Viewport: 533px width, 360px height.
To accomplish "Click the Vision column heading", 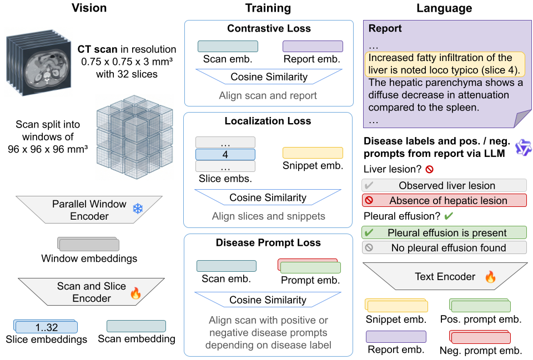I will [x=89, y=8].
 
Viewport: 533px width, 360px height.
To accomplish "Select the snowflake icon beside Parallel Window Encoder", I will [x=138, y=209].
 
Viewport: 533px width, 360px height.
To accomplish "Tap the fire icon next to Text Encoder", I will [x=490, y=277].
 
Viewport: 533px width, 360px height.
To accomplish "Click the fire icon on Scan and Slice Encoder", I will [x=135, y=293].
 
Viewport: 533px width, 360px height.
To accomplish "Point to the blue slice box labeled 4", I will [x=225, y=154].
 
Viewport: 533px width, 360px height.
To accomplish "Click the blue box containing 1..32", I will [x=47, y=327].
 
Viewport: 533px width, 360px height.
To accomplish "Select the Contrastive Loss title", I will [x=268, y=28].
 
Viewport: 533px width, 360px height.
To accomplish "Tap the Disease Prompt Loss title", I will [x=268, y=242].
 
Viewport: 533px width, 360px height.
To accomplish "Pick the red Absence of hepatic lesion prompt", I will [x=444, y=200].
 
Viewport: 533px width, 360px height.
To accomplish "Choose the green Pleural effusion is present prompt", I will [x=444, y=232].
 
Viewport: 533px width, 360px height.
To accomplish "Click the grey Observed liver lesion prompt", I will [x=444, y=185].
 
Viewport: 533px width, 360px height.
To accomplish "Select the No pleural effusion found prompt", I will [x=444, y=248].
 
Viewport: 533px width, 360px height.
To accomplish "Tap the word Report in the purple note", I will [x=385, y=28].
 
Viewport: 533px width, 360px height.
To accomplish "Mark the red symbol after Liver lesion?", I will [x=429, y=169].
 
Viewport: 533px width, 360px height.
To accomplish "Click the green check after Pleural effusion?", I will [x=449, y=215].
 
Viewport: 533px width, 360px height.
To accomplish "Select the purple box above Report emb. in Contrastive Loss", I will [x=313, y=46].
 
